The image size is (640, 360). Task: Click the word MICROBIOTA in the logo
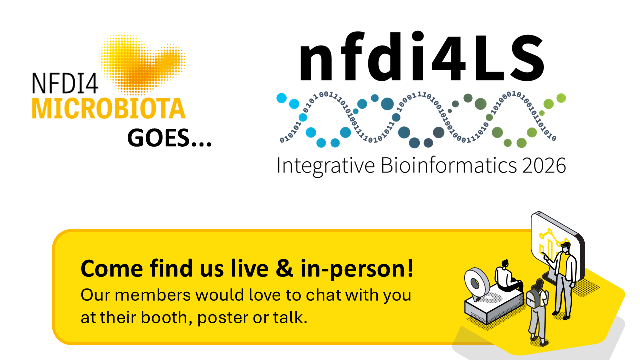pyautogui.click(x=109, y=109)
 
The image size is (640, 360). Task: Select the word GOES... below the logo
pyautogui.click(x=169, y=137)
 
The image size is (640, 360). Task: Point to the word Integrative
pyautogui.click(x=326, y=165)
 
